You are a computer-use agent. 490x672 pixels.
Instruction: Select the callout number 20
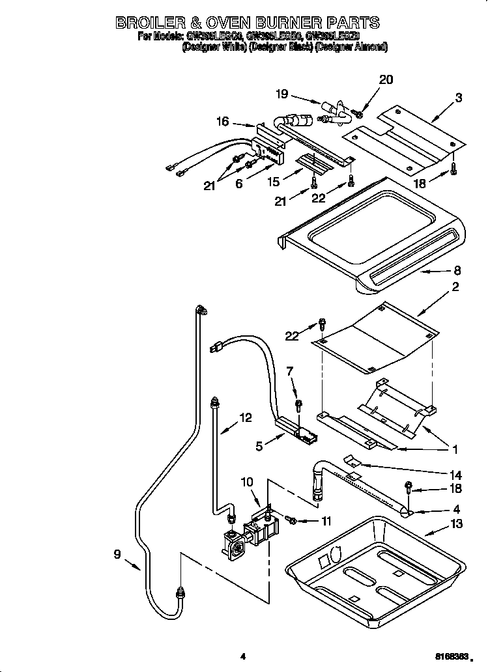386,80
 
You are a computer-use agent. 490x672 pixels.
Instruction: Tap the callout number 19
281,94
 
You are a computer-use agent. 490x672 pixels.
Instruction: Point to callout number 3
459,98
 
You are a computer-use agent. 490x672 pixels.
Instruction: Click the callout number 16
223,121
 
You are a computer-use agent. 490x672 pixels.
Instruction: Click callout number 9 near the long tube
117,555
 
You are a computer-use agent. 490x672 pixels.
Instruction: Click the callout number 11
326,521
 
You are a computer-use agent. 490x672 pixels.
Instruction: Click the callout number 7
291,372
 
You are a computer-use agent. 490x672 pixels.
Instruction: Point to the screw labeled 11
292,520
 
